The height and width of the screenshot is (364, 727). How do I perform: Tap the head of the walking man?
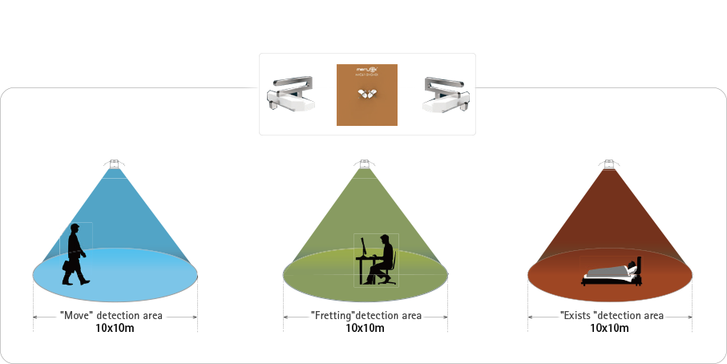pos(75,229)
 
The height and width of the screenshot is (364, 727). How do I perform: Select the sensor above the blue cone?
pos(115,165)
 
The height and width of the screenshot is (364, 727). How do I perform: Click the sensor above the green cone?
pos(365,165)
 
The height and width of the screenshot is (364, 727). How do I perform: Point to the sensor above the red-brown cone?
pos(609,165)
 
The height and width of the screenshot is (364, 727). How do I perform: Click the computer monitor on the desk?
pos(364,247)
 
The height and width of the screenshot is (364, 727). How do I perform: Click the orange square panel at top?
pos(367,95)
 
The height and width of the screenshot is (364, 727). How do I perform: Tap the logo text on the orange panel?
pos(367,72)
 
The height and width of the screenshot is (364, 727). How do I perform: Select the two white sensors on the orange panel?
pos(366,95)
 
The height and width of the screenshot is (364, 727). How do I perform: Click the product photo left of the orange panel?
pos(291,94)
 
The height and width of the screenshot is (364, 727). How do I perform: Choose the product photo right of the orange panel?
pos(446,94)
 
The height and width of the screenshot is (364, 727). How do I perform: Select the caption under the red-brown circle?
pos(611,315)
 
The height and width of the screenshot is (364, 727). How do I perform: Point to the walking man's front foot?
pos(86,281)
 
